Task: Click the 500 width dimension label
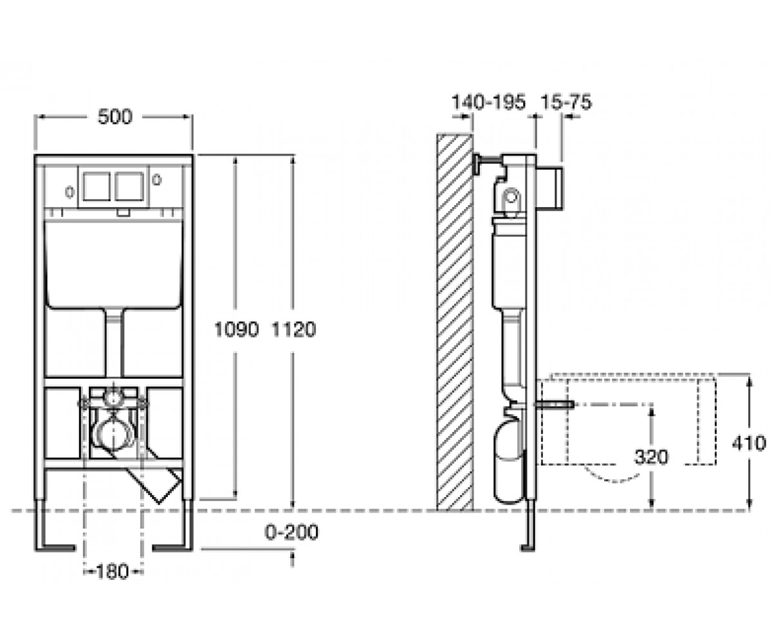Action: click(x=115, y=117)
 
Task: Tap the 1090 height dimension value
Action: click(x=236, y=329)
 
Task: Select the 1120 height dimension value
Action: click(x=293, y=329)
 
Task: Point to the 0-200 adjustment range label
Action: click(x=291, y=532)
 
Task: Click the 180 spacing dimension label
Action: click(x=112, y=572)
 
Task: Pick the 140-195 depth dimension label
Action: click(x=488, y=102)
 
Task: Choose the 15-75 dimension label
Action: click(x=566, y=102)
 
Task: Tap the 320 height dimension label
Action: click(x=651, y=457)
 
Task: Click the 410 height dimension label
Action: click(x=749, y=443)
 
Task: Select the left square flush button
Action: click(x=96, y=186)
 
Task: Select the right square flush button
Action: click(x=129, y=186)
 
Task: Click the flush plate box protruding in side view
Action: click(x=549, y=188)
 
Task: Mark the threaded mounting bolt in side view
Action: click(x=554, y=404)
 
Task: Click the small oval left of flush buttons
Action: click(x=69, y=192)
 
